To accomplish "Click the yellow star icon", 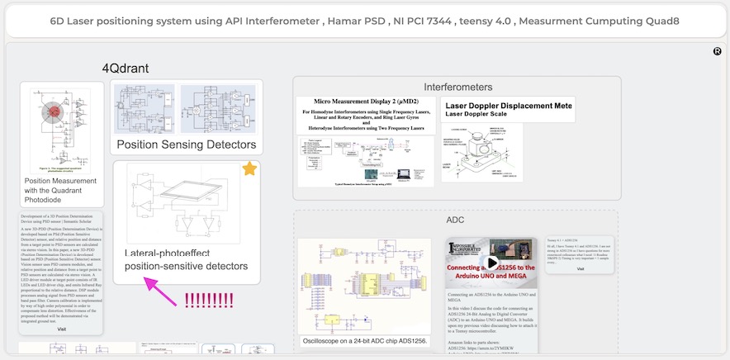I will tap(249, 169).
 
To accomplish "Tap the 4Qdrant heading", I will tap(125, 69).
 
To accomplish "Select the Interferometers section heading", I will tap(458, 87).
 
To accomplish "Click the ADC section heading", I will tap(455, 220).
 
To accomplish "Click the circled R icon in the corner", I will tap(717, 51).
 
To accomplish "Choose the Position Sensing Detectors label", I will tap(187, 145).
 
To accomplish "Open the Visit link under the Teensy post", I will tap(580, 269).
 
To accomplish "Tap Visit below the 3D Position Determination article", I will tap(61, 329).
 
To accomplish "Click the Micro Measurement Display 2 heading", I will tap(365, 103).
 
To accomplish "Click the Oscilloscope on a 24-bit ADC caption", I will tap(365, 340).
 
